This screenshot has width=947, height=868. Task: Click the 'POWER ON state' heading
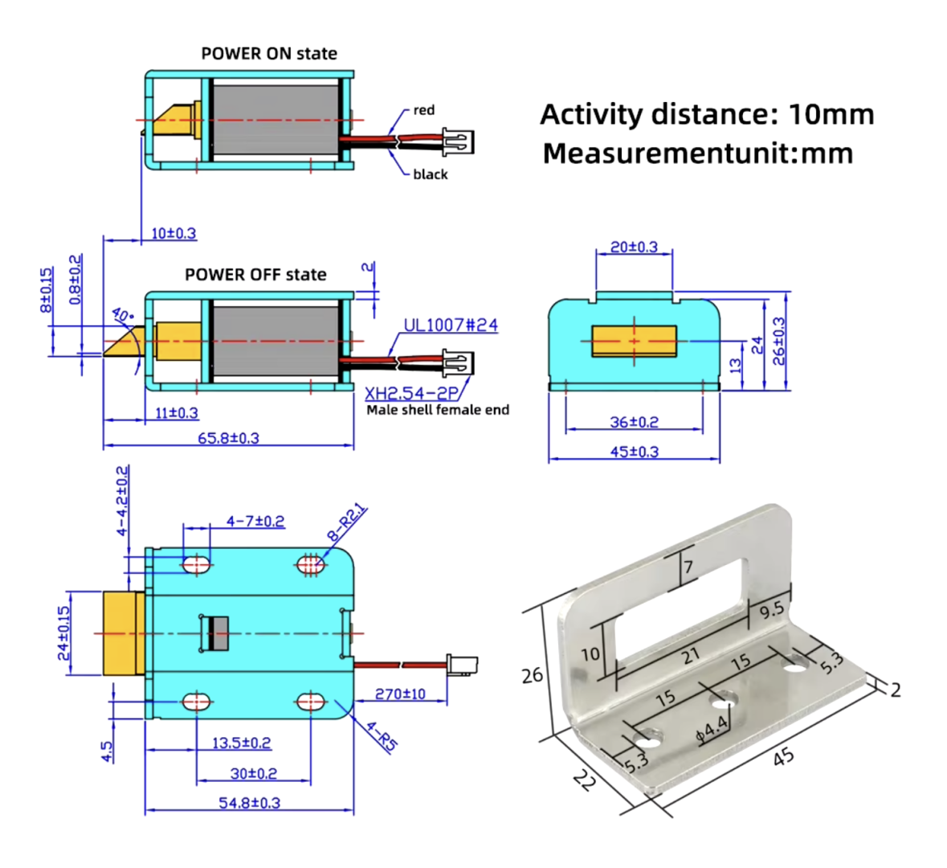tap(268, 54)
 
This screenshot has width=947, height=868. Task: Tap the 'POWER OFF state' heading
tap(255, 275)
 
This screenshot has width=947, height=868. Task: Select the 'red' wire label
tap(424, 110)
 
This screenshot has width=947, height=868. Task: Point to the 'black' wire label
tap(431, 174)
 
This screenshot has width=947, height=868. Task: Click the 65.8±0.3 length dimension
tap(228, 438)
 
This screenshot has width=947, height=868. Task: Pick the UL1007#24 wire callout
tap(450, 325)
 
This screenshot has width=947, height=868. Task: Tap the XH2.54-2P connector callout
tap(410, 394)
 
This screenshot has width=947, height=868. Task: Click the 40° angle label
tap(122, 316)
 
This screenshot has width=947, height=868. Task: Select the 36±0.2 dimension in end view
tap(634, 422)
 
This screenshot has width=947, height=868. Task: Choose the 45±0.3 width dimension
tap(634, 452)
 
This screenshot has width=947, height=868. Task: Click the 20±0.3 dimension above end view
tap(634, 247)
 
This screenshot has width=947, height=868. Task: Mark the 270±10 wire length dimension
tap(400, 694)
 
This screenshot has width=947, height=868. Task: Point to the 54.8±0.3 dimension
tap(249, 802)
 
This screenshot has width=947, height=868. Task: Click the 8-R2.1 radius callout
tap(346, 523)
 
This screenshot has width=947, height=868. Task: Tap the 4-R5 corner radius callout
tap(382, 736)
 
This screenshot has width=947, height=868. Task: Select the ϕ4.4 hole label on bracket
tap(712, 728)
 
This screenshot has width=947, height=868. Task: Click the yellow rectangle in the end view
tap(635, 341)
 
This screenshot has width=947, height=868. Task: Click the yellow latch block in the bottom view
tap(123, 633)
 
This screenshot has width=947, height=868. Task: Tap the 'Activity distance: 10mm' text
tap(707, 114)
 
